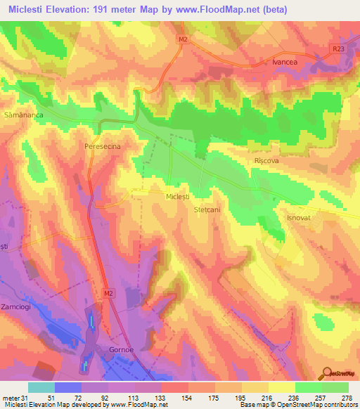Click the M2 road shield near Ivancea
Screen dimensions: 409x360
(x=183, y=40)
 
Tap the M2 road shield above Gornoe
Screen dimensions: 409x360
(x=108, y=292)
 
